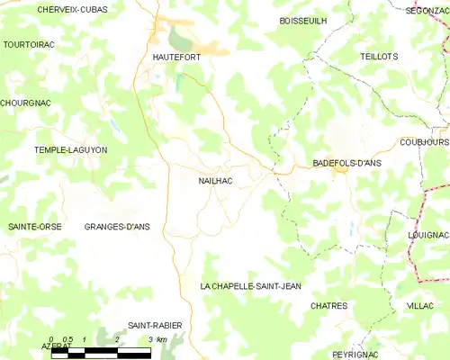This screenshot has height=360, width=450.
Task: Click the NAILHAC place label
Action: tap(216, 181)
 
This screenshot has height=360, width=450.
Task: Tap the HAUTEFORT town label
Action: tap(170, 57)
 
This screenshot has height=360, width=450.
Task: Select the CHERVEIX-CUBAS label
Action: tap(72, 9)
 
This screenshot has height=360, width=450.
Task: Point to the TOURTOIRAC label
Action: tap(31, 43)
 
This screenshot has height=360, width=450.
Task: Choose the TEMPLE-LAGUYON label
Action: tap(70, 149)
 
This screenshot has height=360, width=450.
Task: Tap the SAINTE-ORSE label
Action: tap(35, 227)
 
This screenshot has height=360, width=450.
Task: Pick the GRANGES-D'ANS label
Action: tap(117, 227)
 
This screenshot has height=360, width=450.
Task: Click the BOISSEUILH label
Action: tap(303, 20)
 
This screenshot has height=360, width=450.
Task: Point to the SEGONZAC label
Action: tap(427, 10)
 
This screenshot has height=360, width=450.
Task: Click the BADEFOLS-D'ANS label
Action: tap(347, 163)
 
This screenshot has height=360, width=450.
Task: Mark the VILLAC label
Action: tap(419, 306)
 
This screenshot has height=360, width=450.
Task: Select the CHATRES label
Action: tap(328, 306)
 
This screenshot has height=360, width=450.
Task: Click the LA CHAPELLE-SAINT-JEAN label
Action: tap(250, 285)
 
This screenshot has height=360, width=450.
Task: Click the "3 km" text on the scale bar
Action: tap(157, 339)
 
